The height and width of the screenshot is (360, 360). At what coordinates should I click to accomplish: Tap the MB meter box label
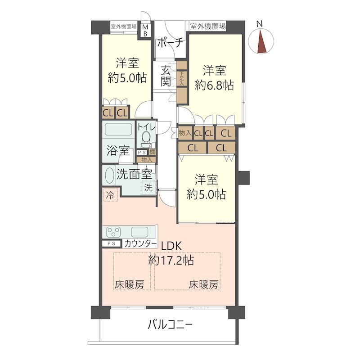[x=145, y=31]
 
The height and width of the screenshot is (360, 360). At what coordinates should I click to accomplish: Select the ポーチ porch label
[x=170, y=43]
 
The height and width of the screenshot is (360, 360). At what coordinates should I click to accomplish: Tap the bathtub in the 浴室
[x=118, y=130]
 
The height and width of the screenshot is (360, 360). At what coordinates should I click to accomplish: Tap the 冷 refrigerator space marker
[x=110, y=195]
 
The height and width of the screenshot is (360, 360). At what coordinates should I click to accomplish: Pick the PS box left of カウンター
[x=112, y=244]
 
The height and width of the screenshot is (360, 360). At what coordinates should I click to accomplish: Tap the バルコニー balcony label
[x=171, y=324]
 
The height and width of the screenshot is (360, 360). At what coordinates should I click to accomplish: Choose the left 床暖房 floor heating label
[x=129, y=284]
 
